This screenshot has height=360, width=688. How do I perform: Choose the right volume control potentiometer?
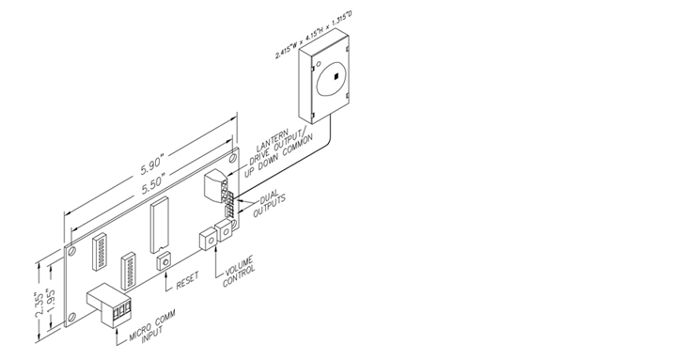pyautogui.click(x=226, y=230)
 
